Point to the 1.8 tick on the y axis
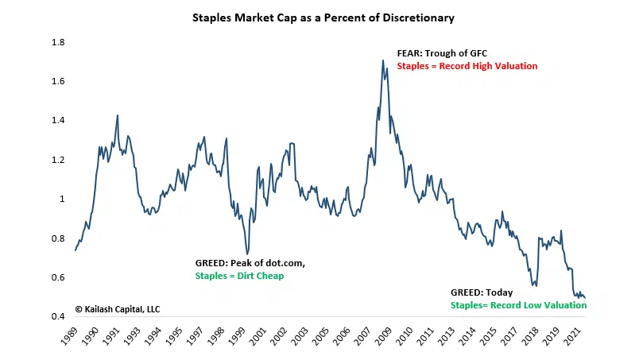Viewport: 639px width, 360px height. pos(57,42)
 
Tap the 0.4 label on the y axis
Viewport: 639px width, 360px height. pos(57,317)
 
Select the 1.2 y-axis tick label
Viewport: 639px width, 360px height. pos(57,160)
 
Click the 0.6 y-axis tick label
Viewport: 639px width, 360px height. pos(57,278)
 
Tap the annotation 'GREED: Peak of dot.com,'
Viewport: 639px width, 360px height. pos(250,263)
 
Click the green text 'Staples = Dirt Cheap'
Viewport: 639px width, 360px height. pos(239,276)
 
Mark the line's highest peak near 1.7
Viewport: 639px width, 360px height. pos(382,60)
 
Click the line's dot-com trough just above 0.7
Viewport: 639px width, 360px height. pos(246,254)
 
